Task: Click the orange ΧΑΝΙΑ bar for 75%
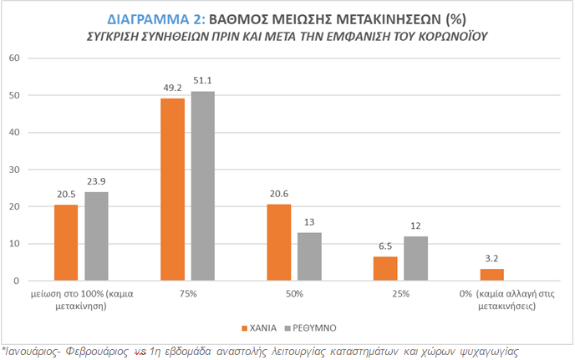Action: (x=172, y=190)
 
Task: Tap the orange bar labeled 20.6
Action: (x=279, y=242)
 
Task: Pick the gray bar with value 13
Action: (x=310, y=256)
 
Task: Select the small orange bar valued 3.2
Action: (x=493, y=275)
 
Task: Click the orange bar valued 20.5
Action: (x=66, y=242)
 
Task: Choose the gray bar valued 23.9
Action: (x=96, y=236)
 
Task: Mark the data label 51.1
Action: (x=203, y=81)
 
